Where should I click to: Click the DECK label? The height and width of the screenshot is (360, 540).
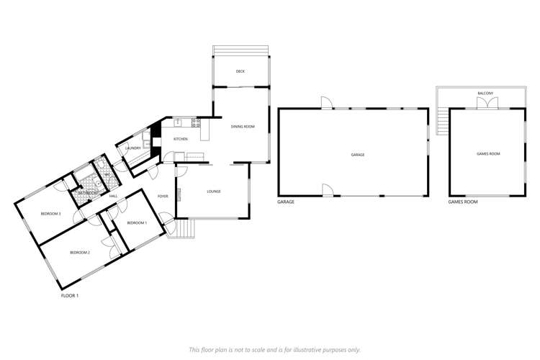tap(240, 71)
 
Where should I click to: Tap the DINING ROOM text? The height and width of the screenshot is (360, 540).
tap(243, 127)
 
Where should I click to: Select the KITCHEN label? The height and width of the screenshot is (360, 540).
tap(181, 138)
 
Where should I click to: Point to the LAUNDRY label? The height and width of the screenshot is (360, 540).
tap(132, 148)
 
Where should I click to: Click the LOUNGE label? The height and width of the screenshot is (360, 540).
tap(213, 191)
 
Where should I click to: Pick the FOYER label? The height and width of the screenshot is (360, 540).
tap(163, 196)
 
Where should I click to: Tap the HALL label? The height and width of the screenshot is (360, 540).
tap(113, 196)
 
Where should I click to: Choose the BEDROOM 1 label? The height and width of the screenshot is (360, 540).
tap(137, 223)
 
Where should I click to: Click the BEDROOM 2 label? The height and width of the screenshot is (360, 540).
tap(79, 253)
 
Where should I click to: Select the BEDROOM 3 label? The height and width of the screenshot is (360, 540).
tap(50, 214)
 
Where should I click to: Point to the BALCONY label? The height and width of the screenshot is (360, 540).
tap(485, 94)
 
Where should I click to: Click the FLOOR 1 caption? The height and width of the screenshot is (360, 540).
tap(69, 295)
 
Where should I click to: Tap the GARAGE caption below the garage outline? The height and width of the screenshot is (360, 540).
tap(286, 202)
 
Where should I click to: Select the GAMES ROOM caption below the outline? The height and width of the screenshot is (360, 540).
tap(463, 202)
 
